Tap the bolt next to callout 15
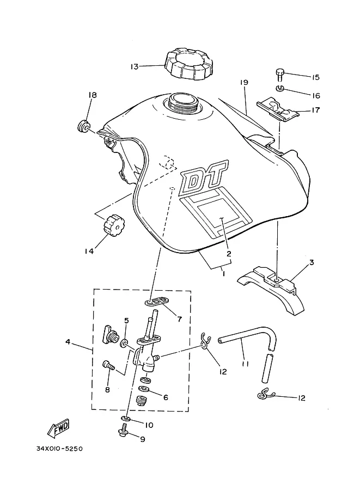coord(279,75)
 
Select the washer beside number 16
coord(279,88)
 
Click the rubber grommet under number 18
coord(84,126)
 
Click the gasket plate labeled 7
coord(156,301)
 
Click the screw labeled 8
coord(108,365)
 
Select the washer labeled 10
coord(126,419)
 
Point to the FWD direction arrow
coord(58,429)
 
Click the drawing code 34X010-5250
coord(59,449)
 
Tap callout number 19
coord(244,82)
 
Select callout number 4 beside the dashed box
coord(68,342)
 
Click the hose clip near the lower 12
coord(265,394)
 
